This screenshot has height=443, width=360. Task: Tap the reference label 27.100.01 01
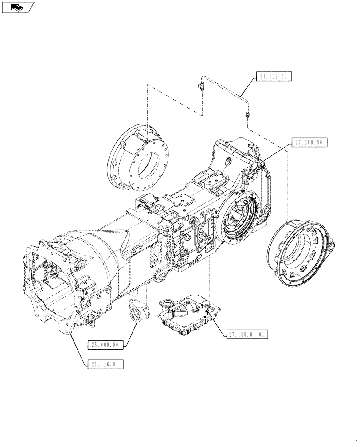tap(247, 334)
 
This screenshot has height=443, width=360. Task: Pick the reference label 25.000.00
tap(105, 345)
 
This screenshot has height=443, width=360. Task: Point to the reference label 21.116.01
tap(105, 364)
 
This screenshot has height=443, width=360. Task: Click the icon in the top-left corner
tap(17, 7)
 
